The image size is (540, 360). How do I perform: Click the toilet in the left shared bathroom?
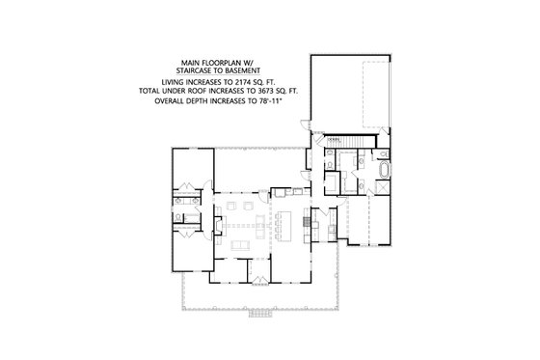(181, 206)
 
